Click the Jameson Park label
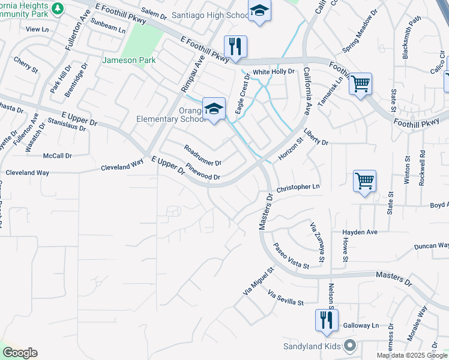[128, 60]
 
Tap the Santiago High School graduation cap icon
[259, 11]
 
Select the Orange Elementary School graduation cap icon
[214, 109]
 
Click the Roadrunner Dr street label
[203, 155]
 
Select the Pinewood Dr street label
[203, 172]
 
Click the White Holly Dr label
[273, 71]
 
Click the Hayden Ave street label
[360, 232]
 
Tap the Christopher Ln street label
[298, 188]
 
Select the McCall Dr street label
[58, 155]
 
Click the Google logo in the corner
[19, 353]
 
